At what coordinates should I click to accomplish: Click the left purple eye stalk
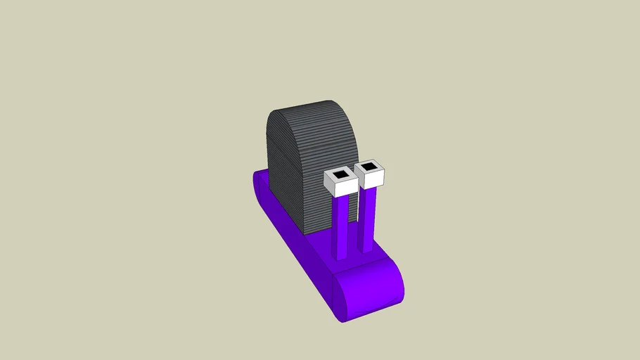[x=341, y=225]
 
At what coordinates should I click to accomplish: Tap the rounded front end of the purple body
[x=369, y=292]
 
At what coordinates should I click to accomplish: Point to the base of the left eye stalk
[x=342, y=255]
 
